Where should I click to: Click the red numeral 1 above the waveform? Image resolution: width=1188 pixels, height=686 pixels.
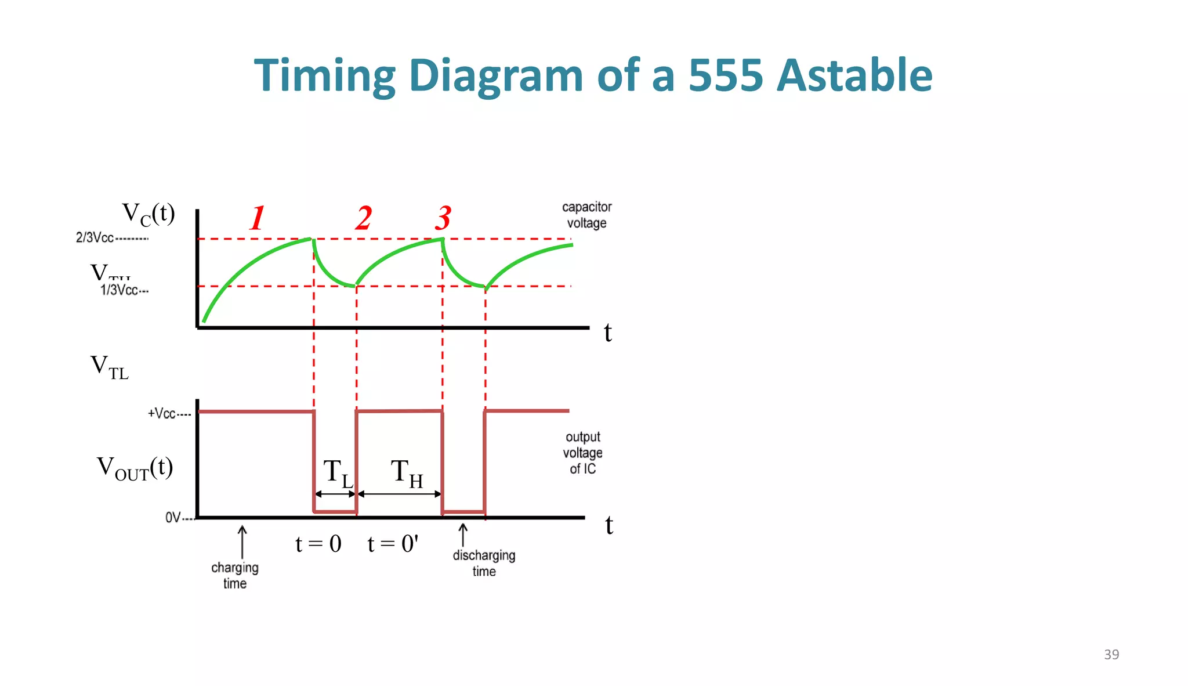[258, 218]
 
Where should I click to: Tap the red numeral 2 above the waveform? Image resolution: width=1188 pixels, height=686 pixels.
[364, 218]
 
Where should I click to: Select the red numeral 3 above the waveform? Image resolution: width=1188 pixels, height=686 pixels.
[443, 218]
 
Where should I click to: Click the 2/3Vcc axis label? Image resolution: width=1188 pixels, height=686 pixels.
[95, 237]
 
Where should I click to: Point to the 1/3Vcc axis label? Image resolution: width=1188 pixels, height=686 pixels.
[119, 290]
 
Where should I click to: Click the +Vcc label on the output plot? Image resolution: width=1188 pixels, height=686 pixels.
[162, 413]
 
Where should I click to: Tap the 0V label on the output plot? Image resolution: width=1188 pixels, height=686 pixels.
[173, 517]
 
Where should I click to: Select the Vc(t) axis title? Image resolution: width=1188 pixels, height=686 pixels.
[148, 214]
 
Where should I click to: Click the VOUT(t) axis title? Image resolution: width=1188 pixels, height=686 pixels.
[135, 468]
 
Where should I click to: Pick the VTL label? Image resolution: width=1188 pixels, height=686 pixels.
[110, 367]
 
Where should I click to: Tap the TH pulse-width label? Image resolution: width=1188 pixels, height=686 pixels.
[407, 472]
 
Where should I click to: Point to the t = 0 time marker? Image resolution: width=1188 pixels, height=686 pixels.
[318, 544]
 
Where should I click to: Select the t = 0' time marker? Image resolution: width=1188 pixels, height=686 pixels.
[393, 544]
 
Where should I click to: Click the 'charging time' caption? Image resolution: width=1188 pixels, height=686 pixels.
[235, 575]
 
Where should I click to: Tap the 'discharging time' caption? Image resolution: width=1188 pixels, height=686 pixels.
[484, 563]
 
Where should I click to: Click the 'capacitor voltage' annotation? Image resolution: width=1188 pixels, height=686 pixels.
[586, 215]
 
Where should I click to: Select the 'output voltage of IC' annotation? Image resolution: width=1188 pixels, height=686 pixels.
[583, 453]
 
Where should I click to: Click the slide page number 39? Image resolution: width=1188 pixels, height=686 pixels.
[1111, 655]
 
